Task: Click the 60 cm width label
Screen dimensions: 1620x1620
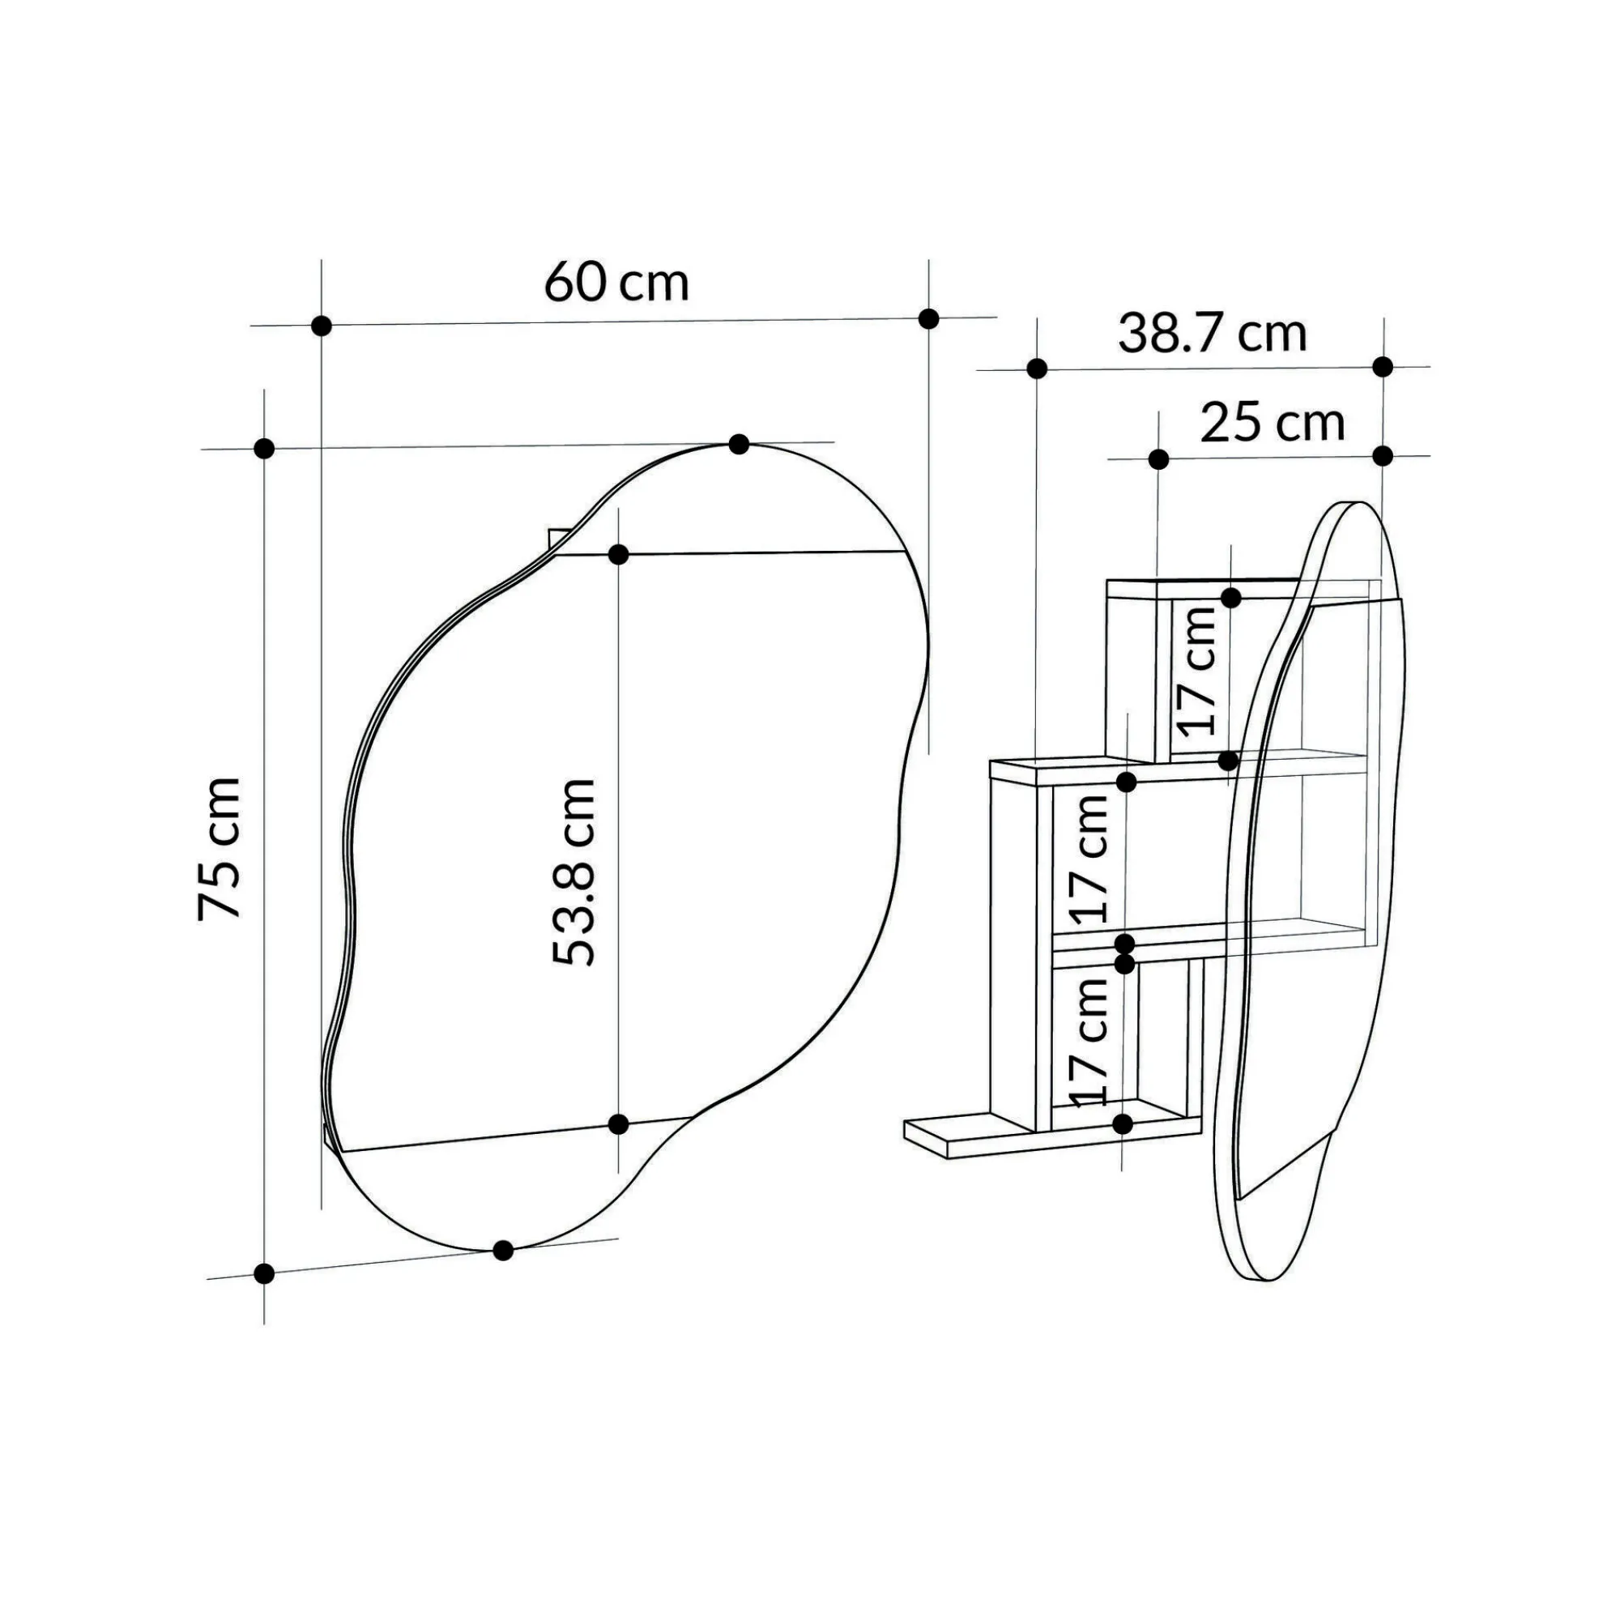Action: coord(616,282)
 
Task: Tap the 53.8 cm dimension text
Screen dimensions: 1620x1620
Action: coord(574,873)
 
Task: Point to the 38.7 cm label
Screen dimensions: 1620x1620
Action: coord(1213,333)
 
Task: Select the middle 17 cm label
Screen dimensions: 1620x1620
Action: coord(1088,859)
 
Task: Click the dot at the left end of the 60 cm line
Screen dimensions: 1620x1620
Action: coord(321,326)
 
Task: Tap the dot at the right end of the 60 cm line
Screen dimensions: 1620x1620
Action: coord(928,318)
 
